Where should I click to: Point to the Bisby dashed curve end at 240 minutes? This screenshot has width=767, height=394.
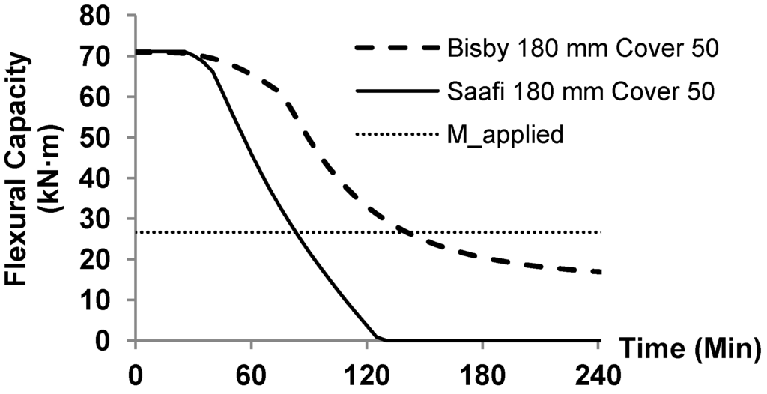click(x=599, y=272)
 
